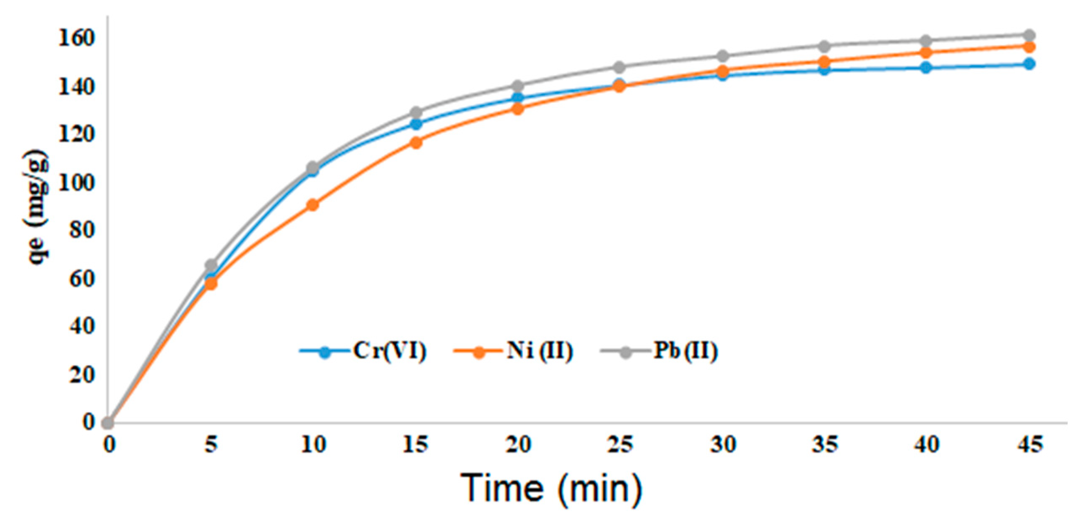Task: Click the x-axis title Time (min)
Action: (551, 489)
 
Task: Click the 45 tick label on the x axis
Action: (1029, 444)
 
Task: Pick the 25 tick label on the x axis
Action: (620, 444)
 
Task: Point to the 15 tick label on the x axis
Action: (415, 444)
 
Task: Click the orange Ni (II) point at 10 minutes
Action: (313, 205)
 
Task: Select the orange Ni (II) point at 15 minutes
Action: (416, 143)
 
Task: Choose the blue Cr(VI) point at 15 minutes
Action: (416, 124)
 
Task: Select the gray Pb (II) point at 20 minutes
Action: (518, 86)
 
